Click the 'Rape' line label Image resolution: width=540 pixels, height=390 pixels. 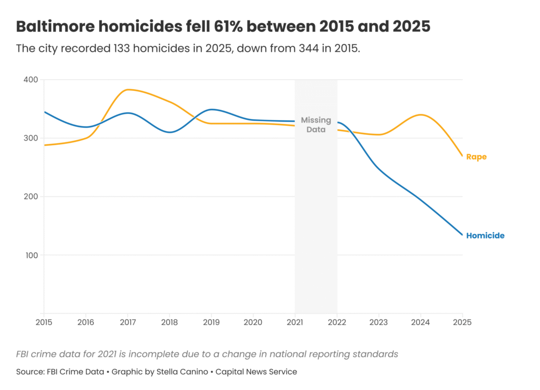tap(476, 157)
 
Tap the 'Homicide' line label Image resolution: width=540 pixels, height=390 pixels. tap(485, 236)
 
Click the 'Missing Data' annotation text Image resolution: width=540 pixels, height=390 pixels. tap(316, 125)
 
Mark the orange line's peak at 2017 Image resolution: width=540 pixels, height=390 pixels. tap(128, 90)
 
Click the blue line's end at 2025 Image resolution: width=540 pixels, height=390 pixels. tap(462, 235)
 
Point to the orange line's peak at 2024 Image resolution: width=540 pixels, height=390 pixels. tap(420, 115)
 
